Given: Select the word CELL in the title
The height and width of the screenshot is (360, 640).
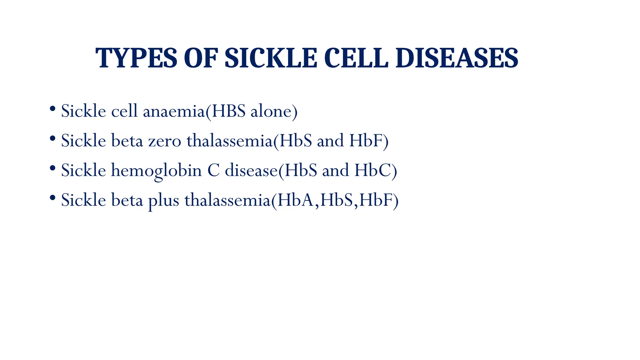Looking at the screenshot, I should pyautogui.click(x=356, y=58).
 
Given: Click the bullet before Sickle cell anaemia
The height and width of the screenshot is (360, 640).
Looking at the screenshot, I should pyautogui.click(x=52, y=109).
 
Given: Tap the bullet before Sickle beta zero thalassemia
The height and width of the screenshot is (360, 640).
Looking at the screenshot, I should pyautogui.click(x=52, y=139).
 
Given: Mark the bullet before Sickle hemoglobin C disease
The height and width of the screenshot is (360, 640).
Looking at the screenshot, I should pyautogui.click(x=52, y=168).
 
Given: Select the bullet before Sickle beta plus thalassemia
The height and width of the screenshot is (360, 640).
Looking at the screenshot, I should pyautogui.click(x=52, y=198).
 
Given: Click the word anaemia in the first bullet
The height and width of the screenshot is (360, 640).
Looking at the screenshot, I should pyautogui.click(x=174, y=111).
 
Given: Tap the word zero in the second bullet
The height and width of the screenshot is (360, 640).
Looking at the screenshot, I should pyautogui.click(x=165, y=141).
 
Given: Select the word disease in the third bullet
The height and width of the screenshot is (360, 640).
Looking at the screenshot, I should pyautogui.click(x=251, y=171).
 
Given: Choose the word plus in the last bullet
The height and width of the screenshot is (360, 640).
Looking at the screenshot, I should pyautogui.click(x=163, y=200).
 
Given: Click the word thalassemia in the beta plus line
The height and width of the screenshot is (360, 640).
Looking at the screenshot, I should pyautogui.click(x=227, y=200).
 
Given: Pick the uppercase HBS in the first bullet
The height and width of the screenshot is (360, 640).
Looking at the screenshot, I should pyautogui.click(x=228, y=111).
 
